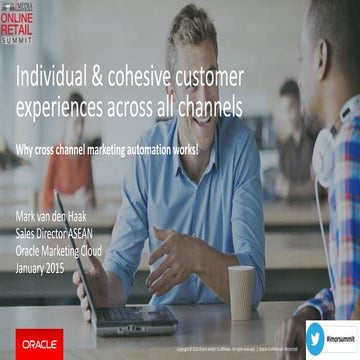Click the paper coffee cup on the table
click(x=241, y=292)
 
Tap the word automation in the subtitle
click(x=183, y=150)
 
